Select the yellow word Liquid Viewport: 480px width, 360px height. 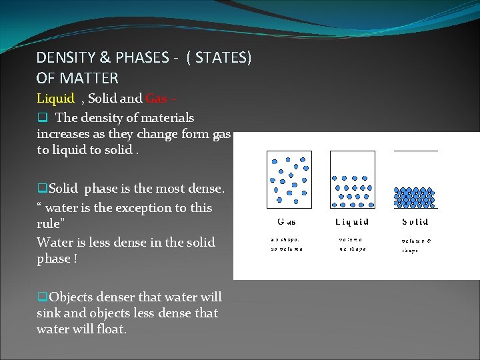(55, 99)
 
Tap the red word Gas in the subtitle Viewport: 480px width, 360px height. (156, 99)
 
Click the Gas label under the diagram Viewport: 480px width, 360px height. (287, 221)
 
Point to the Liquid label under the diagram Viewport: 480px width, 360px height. (352, 221)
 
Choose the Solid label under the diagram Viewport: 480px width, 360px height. (415, 221)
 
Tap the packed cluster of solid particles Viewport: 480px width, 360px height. (415, 197)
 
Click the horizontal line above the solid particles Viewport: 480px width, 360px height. (415, 151)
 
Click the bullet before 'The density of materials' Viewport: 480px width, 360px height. (41, 118)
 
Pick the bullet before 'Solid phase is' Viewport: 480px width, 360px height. (41, 189)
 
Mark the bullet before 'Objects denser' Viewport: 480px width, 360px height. (41, 297)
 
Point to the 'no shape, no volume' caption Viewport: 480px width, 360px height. (286, 243)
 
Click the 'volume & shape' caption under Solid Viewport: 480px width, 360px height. (415, 245)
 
